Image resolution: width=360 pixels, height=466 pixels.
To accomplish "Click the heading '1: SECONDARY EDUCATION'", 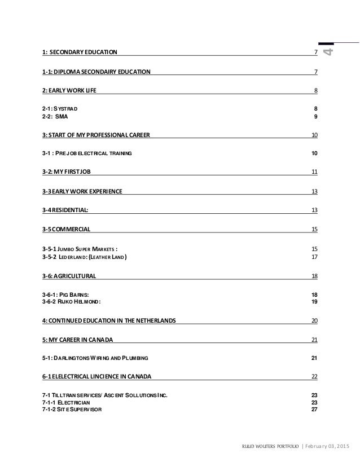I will pos(80,52).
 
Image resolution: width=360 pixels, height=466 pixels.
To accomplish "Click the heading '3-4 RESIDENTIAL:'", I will pos(65,210).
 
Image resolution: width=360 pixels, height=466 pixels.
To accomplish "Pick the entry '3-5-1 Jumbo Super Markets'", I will pos(80,249).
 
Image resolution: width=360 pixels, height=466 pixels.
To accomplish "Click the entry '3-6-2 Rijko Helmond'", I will pos(72,302).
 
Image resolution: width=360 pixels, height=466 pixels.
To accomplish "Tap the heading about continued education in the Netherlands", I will pos(109,320).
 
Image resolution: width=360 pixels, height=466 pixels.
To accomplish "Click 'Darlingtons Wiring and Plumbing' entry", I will pos(95,358).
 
